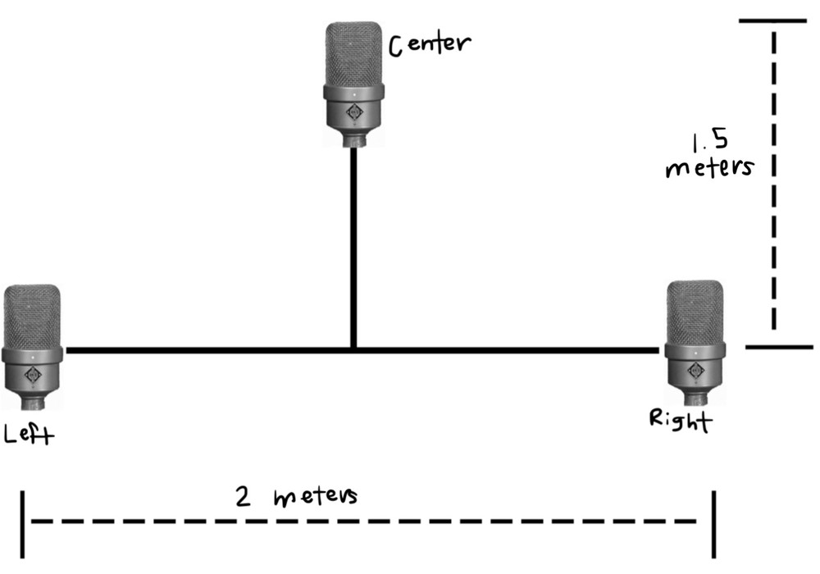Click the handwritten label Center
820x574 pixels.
coord(430,43)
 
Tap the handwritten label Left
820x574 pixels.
coord(29,434)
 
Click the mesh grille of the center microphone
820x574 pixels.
coord(354,53)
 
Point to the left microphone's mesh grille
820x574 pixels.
coord(32,316)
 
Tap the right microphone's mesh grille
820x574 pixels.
coord(695,312)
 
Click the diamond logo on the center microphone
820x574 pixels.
coord(354,113)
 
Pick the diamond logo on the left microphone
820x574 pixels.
coord(33,376)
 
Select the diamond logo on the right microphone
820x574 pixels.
coord(695,371)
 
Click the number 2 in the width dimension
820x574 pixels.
coord(243,498)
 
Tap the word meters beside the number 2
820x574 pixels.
coord(316,498)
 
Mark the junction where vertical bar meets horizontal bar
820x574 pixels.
coord(353,350)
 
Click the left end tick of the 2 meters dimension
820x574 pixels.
coord(24,522)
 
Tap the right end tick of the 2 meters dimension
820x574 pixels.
coord(715,522)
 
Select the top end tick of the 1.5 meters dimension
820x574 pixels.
coord(772,20)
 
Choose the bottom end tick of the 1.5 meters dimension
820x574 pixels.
coord(779,347)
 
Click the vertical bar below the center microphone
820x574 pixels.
coord(353,246)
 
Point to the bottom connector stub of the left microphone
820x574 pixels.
coord(33,403)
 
